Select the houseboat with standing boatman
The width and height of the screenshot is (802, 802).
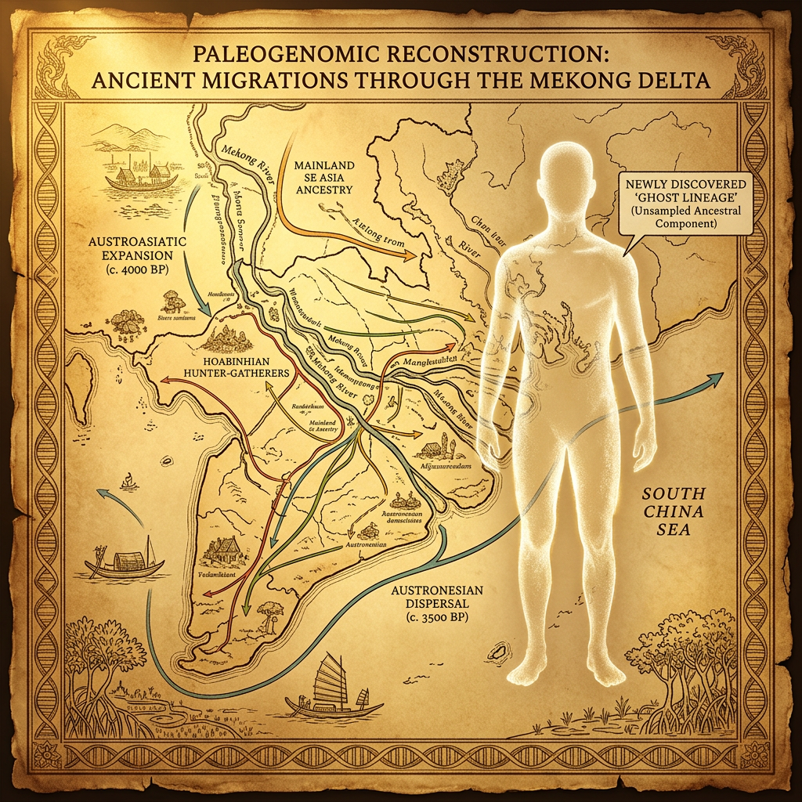(x=124, y=565)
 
